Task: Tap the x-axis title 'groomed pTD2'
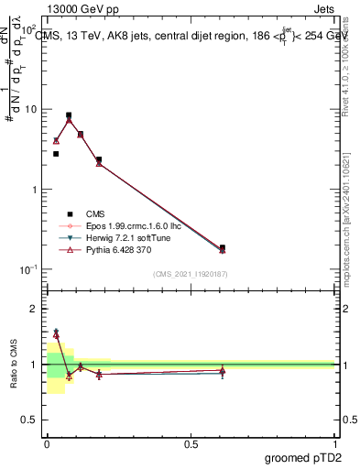tap(301, 455)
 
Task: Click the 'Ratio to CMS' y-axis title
tap(14, 363)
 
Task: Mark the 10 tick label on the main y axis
tap(30, 109)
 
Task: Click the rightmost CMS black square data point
tap(223, 247)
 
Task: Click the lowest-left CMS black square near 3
tap(56, 154)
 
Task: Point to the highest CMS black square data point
tap(69, 115)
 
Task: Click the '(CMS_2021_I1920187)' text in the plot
tap(190, 273)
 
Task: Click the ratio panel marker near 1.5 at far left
tap(56, 334)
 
